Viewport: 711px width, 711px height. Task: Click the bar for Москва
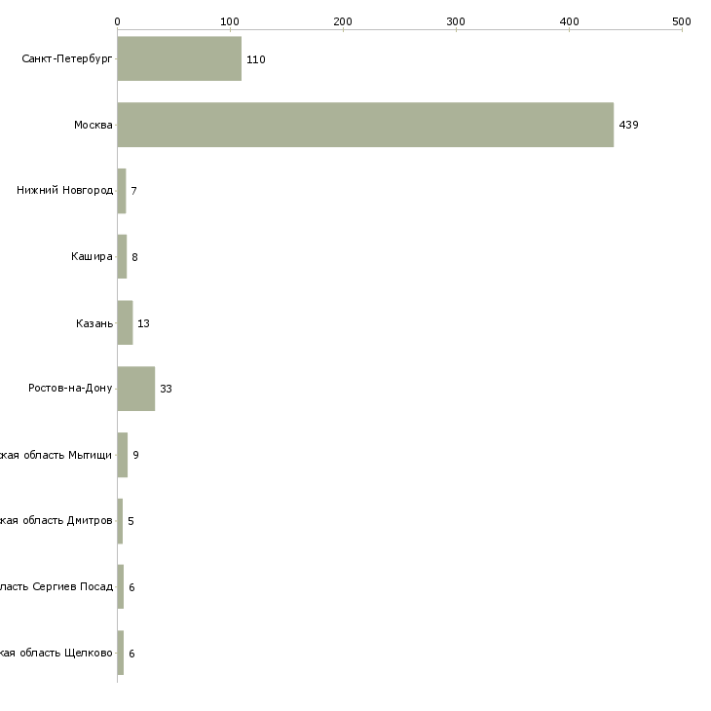(365, 125)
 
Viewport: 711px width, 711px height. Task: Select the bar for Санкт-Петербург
(179, 58)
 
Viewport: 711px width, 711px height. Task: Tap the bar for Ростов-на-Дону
(136, 389)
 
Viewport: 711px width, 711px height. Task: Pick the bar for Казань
(125, 322)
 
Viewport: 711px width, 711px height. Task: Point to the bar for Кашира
(122, 257)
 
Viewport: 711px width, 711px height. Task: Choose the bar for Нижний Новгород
(122, 191)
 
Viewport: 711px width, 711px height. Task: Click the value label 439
(628, 125)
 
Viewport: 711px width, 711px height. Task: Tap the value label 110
(255, 59)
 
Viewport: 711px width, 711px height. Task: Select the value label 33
(166, 389)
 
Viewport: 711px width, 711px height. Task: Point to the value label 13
(143, 323)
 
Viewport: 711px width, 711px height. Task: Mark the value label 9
(135, 455)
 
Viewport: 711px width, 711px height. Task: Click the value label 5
(131, 521)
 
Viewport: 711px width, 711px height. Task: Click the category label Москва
(94, 125)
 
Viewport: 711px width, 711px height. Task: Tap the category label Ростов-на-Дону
(70, 389)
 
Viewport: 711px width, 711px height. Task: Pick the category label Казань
(94, 323)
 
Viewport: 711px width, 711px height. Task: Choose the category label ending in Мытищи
(56, 455)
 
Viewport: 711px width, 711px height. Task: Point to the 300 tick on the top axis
(456, 20)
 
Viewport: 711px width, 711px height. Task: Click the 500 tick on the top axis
(681, 20)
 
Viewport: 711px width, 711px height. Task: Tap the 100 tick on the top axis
(230, 20)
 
